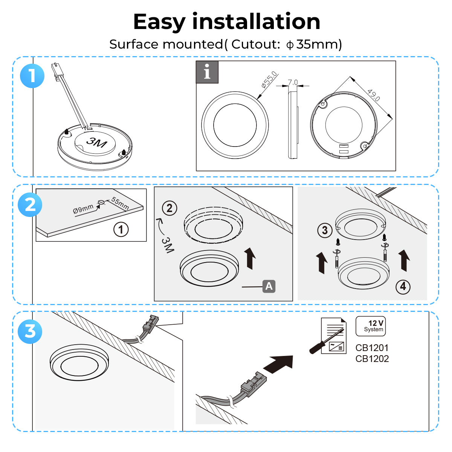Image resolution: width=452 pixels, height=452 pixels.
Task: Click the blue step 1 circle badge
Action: click(32, 76)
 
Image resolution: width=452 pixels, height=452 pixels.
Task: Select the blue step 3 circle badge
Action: click(30, 331)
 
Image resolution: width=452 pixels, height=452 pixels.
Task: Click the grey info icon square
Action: click(207, 72)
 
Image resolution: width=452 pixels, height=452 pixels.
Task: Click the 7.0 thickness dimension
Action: click(293, 82)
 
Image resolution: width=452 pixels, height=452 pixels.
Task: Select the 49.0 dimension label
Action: click(373, 95)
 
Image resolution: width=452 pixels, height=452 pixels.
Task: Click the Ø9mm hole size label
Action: click(83, 208)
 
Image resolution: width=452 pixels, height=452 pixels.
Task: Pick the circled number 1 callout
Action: click(121, 229)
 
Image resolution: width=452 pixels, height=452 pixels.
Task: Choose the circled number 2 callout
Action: click(169, 208)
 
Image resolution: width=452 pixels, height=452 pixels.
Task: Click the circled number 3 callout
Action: click(325, 230)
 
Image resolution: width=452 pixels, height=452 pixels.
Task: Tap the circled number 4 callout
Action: click(403, 287)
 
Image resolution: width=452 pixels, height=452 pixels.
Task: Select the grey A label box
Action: click(269, 286)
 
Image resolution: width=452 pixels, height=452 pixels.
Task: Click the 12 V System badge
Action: click(371, 326)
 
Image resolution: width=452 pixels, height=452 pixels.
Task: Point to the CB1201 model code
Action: click(372, 348)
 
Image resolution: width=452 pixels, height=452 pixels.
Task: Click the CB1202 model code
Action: click(372, 359)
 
